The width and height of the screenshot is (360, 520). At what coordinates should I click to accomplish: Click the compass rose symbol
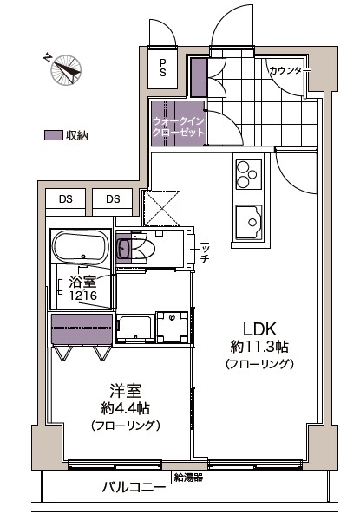tap(63, 70)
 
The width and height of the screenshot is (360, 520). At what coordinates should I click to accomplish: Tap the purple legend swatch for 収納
tap(54, 135)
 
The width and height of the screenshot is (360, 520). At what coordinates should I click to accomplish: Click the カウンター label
tap(288, 70)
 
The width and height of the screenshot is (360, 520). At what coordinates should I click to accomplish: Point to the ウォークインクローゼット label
tap(178, 127)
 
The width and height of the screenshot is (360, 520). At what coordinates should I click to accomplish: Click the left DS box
tap(66, 199)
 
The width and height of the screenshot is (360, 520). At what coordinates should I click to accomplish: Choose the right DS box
tap(114, 199)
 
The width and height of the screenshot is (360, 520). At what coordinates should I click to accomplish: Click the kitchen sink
tap(251, 222)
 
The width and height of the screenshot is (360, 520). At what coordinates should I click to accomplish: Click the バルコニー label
tap(133, 487)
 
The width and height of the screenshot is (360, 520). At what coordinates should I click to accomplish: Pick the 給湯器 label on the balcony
tap(187, 477)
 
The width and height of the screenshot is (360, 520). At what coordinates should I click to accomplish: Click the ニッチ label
tap(205, 249)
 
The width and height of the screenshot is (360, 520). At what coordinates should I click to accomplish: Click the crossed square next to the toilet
tap(160, 208)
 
